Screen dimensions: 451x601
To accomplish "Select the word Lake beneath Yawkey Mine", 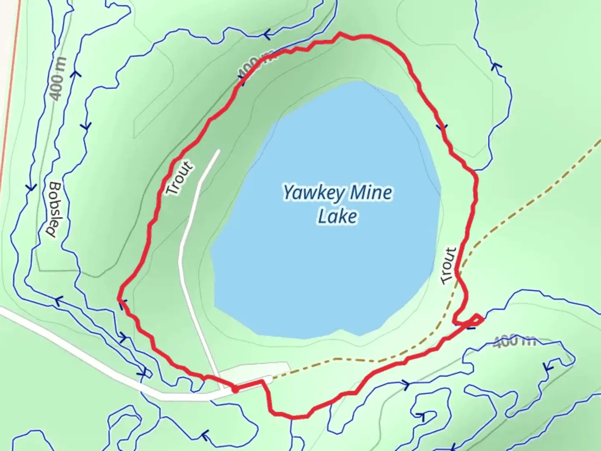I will pos(337,217).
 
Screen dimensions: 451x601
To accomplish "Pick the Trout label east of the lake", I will pos(448,266).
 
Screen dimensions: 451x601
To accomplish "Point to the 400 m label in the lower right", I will pos(514,342).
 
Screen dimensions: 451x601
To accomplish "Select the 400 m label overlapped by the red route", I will pos(255,63).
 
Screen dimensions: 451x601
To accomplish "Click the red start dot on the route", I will pos(235,390).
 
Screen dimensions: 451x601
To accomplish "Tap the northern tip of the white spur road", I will pos(218,151).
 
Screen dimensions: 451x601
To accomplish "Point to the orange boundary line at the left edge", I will pos(9,104).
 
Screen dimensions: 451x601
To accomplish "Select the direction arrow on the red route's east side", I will pos(442,127).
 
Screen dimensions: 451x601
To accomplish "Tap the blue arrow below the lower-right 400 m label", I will pos(548,367).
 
